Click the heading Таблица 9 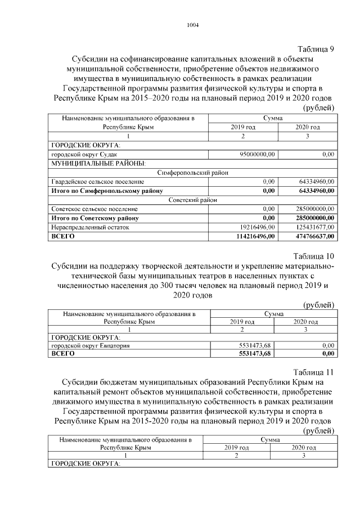(316, 48)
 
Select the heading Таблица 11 (314, 372)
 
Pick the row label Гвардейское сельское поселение (97, 182)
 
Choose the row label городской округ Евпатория (90, 345)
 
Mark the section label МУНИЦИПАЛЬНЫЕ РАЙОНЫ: (98, 163)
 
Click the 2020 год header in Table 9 (308, 127)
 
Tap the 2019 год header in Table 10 (243, 322)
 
